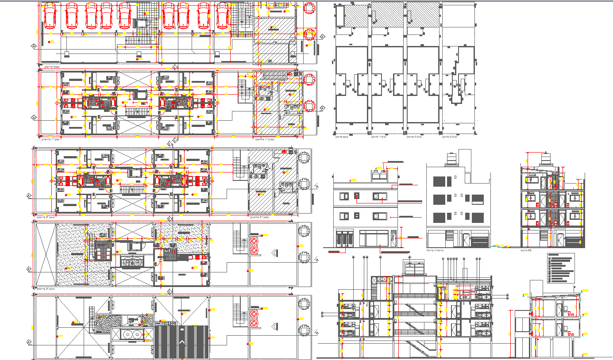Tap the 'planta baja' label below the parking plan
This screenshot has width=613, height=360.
pos(48,67)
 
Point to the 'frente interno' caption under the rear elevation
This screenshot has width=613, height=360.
pos(436,250)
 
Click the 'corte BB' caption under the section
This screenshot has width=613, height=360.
pos(526,250)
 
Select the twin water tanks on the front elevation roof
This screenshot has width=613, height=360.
pos(379,175)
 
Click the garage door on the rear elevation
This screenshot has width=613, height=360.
pos(480,241)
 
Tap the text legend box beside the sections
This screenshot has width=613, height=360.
pos(560,268)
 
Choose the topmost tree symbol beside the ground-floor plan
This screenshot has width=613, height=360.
pos(310,7)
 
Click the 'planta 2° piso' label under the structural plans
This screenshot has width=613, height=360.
pos(415,137)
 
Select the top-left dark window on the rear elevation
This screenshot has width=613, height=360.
pos(439,182)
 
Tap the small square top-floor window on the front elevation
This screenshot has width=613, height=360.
pos(356,195)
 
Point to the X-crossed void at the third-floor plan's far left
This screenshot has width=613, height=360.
pos(46,254)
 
